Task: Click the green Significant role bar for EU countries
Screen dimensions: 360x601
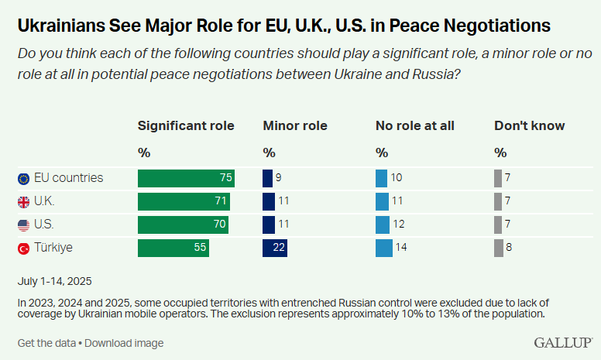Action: pyautogui.click(x=186, y=178)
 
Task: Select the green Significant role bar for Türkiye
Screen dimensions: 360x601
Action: pyautogui.click(x=173, y=249)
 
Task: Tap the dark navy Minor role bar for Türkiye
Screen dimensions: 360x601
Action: pyautogui.click(x=275, y=249)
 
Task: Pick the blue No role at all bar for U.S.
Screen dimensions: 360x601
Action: pyautogui.click(x=382, y=225)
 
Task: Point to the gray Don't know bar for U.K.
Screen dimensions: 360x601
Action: pyautogui.click(x=498, y=202)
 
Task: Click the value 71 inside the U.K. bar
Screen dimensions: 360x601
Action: pyautogui.click(x=222, y=202)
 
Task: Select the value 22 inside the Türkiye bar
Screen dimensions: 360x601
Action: pyautogui.click(x=279, y=249)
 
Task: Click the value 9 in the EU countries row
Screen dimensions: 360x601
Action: pyautogui.click(x=278, y=178)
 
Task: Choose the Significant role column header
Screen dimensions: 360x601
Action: pyautogui.click(x=186, y=125)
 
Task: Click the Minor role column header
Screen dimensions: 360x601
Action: pyautogui.click(x=295, y=125)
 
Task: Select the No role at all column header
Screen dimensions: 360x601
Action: pyautogui.click(x=415, y=125)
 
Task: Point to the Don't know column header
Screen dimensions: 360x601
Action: pyautogui.click(x=530, y=125)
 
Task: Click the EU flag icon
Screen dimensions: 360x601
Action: pyautogui.click(x=23, y=179)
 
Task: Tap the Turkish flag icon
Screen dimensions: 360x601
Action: pyautogui.click(x=23, y=249)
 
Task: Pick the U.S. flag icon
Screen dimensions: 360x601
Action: pyautogui.click(x=23, y=225)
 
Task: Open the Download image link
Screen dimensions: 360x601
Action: pyautogui.click(x=125, y=343)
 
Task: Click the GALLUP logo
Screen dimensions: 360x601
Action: pyautogui.click(x=563, y=342)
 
